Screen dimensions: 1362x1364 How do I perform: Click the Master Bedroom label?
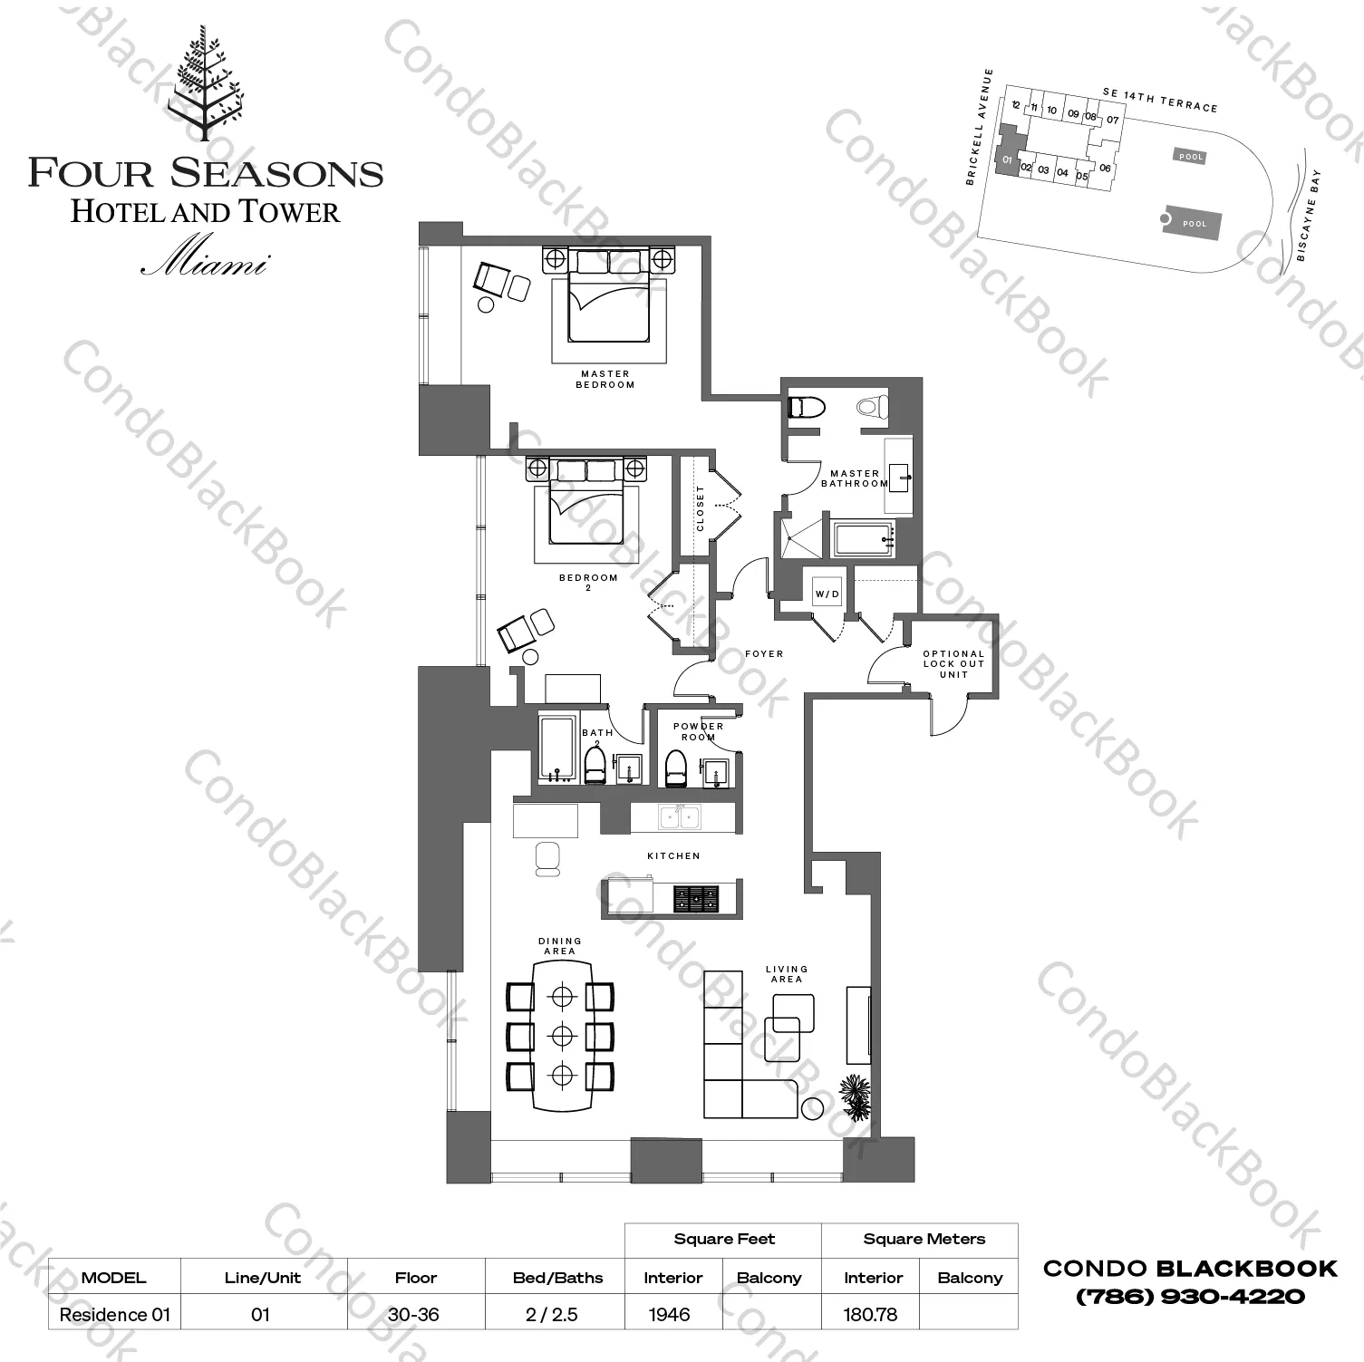[x=605, y=379]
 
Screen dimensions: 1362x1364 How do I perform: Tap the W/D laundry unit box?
[x=827, y=594]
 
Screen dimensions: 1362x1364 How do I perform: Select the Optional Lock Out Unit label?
[x=953, y=663]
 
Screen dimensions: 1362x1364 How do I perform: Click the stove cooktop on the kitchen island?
[x=695, y=898]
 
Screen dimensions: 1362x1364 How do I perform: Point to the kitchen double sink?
[x=679, y=816]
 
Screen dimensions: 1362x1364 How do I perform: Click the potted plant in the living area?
[x=856, y=1097]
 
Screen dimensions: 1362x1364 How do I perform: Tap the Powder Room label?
[x=698, y=731]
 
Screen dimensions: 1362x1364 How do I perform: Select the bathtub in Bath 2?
[x=556, y=749]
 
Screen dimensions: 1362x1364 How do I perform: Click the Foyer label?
[x=764, y=653]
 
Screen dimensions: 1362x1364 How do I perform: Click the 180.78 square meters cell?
[x=871, y=1314]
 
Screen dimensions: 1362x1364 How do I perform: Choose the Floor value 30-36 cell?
[x=416, y=1314]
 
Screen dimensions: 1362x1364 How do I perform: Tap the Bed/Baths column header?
[x=557, y=1278]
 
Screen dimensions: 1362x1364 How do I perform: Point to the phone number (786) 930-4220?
[x=1189, y=1297]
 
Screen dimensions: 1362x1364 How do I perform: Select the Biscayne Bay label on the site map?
[x=1309, y=216]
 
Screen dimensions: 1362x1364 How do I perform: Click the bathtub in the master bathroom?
[x=864, y=540]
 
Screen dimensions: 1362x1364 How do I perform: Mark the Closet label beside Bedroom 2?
[x=700, y=508]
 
